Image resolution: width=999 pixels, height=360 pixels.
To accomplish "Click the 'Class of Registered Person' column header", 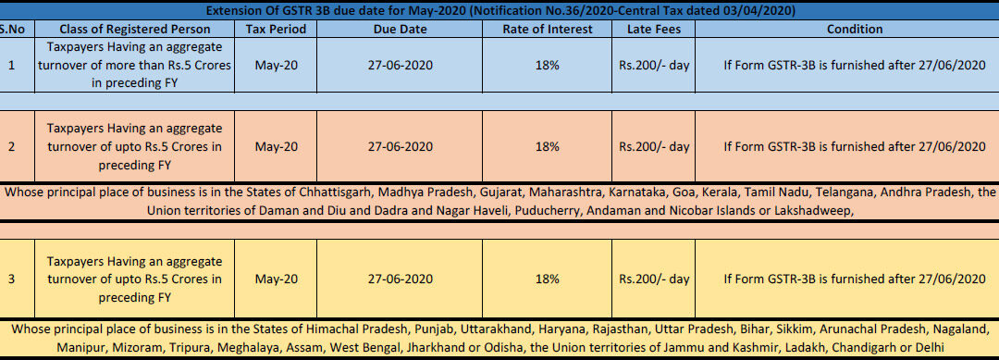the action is [x=134, y=30].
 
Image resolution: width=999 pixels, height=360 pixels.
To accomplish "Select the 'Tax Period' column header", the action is [x=276, y=30].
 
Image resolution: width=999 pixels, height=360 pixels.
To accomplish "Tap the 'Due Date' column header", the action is [x=401, y=30].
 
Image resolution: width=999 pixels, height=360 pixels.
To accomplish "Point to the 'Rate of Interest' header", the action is [x=548, y=30].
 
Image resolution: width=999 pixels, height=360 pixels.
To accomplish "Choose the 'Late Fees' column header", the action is [x=654, y=30].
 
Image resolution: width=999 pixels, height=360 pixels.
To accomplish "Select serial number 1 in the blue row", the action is [x=11, y=65].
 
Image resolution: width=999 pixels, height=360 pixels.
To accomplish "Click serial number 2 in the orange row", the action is [x=11, y=146].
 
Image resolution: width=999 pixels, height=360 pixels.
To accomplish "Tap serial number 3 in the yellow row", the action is [x=11, y=279].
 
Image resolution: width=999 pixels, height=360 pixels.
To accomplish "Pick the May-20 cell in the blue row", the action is [x=276, y=65].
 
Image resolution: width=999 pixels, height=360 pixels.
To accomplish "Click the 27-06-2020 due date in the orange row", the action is [x=401, y=146].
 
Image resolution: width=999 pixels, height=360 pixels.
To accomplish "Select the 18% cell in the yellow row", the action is [x=548, y=279].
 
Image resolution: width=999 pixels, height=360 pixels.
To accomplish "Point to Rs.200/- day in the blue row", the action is [x=654, y=65].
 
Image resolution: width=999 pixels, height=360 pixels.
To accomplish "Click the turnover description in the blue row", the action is [x=134, y=65].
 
